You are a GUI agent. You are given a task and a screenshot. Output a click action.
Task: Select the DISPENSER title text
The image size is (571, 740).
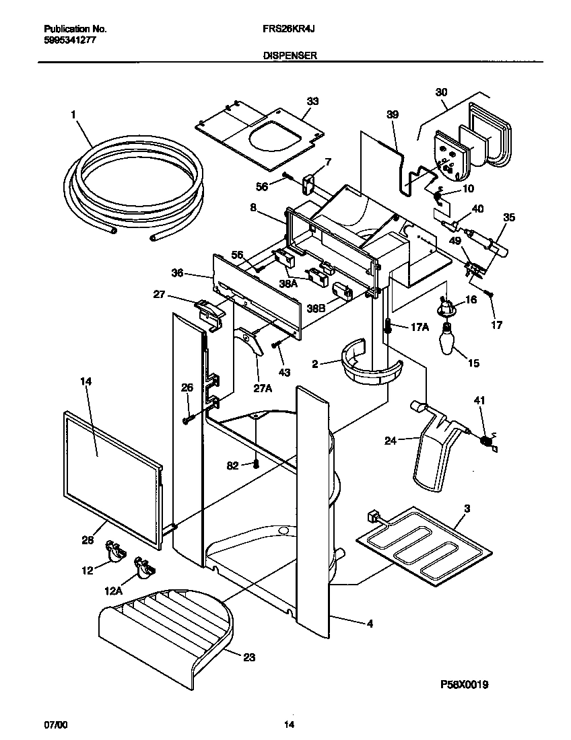290,58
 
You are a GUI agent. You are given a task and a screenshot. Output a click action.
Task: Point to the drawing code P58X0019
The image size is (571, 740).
464,685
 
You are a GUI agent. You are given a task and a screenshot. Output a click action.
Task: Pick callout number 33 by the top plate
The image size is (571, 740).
312,101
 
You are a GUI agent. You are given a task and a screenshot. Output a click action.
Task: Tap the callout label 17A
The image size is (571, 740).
419,327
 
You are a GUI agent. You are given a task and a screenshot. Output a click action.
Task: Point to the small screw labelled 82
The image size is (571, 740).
257,464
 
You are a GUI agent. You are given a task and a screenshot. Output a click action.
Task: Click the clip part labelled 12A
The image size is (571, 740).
143,567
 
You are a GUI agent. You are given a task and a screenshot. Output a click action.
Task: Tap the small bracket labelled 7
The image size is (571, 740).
310,182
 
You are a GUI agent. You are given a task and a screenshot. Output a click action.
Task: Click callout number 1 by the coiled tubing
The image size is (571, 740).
73,115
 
